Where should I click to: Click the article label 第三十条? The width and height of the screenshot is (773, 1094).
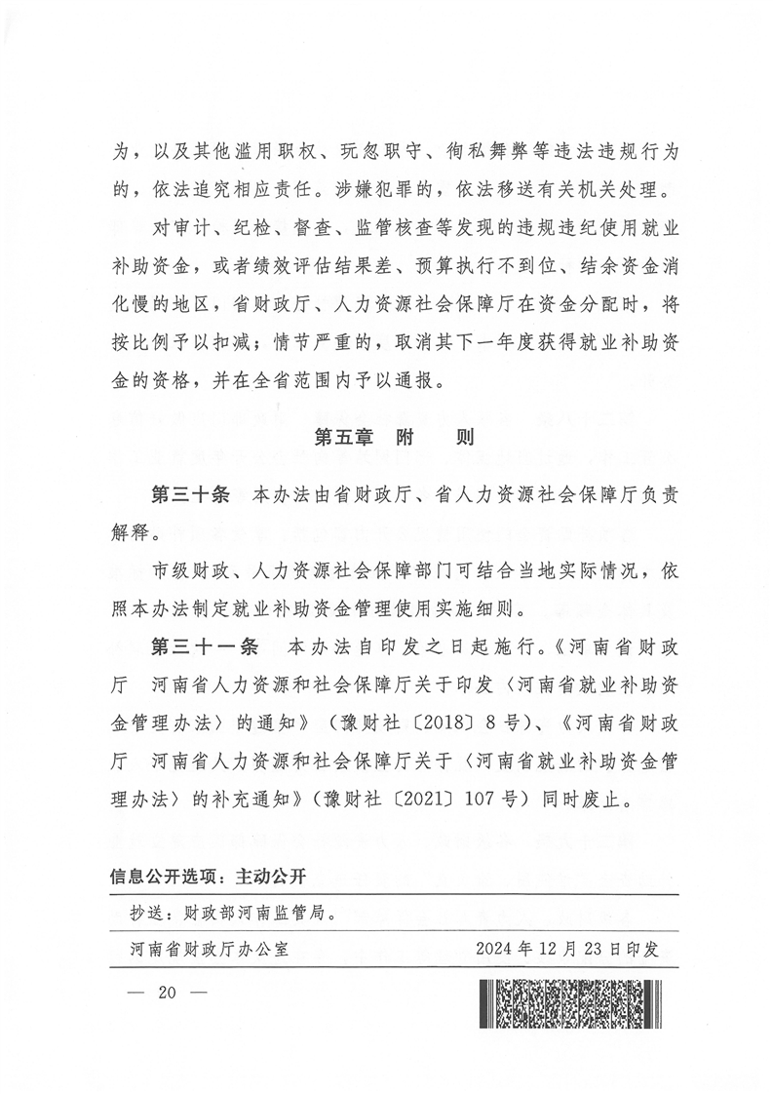(x=190, y=494)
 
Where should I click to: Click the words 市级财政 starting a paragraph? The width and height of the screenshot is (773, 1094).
(x=191, y=571)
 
